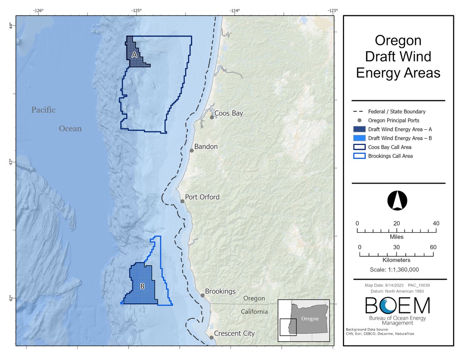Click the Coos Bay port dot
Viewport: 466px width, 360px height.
click(x=212, y=117)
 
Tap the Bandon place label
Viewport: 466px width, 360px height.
click(x=206, y=147)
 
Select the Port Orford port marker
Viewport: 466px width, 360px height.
click(x=183, y=201)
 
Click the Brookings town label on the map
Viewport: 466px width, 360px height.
click(x=220, y=291)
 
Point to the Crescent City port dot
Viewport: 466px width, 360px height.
click(x=212, y=337)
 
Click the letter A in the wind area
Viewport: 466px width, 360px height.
click(x=134, y=55)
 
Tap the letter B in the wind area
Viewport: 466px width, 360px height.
click(x=142, y=287)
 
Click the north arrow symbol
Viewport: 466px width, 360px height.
click(x=397, y=201)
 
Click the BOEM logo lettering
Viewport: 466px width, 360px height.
click(x=398, y=306)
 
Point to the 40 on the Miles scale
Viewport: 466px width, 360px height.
click(x=436, y=223)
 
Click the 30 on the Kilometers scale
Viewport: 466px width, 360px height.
click(x=396, y=247)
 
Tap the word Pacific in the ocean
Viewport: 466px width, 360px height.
click(x=43, y=110)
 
